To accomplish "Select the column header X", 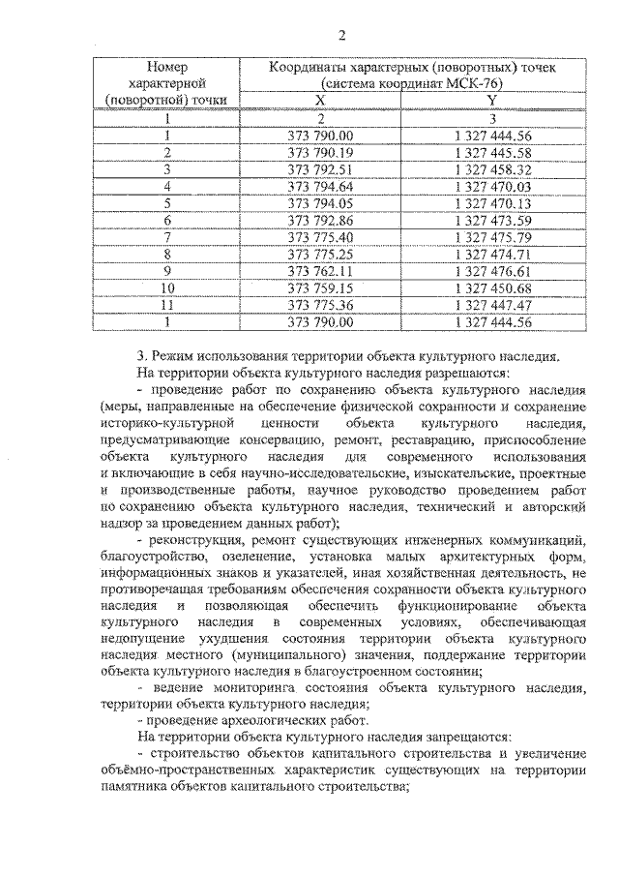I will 321,101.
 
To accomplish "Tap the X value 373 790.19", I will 321,152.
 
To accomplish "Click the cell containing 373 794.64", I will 321,186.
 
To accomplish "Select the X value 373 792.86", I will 321,220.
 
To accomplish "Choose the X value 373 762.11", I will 321,270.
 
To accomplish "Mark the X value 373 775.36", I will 321,305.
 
